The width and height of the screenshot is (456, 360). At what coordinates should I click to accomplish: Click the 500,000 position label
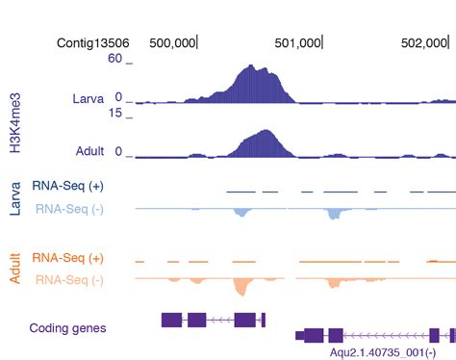coord(173,42)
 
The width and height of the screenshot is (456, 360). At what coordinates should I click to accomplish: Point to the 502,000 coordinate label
coord(424,42)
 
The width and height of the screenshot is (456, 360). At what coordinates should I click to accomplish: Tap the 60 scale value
coord(114,59)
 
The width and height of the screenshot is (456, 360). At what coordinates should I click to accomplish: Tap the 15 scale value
coord(114,113)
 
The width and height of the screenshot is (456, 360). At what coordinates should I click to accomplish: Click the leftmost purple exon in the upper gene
coord(170,319)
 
